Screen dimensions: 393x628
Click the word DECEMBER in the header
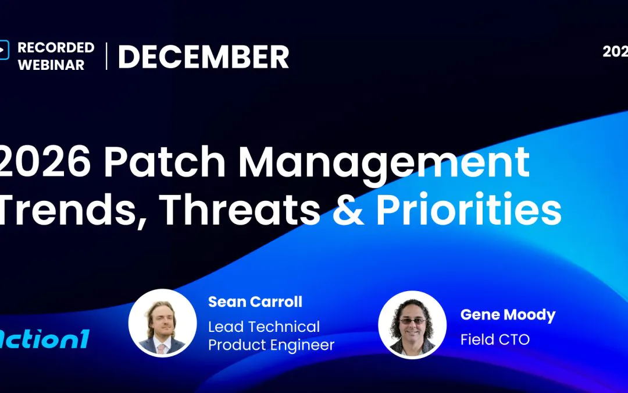click(204, 57)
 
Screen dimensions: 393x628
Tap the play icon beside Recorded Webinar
click(4, 49)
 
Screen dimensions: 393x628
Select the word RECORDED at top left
click(56, 47)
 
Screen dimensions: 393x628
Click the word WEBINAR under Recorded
click(51, 65)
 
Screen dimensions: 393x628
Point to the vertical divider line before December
click(106, 56)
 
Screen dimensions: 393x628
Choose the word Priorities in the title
click(468, 210)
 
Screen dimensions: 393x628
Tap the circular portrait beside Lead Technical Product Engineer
click(162, 323)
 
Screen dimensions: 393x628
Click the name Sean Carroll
click(255, 302)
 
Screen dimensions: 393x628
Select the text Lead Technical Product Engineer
click(271, 335)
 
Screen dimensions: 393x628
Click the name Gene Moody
click(508, 315)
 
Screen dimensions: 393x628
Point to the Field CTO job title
click(495, 339)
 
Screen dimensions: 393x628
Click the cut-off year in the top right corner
click(615, 52)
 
